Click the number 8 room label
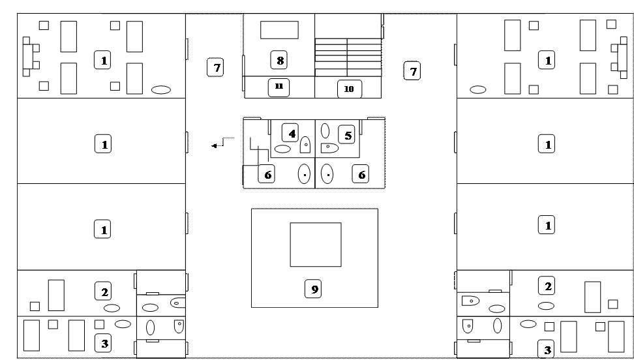pyautogui.click(x=280, y=61)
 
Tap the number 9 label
pyautogui.click(x=314, y=288)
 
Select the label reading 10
pyautogui.click(x=349, y=89)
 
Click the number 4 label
pyautogui.click(x=291, y=133)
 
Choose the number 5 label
pyautogui.click(x=348, y=135)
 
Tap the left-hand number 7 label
pyautogui.click(x=215, y=67)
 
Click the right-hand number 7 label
pyautogui.click(x=412, y=70)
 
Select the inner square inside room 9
pyautogui.click(x=316, y=244)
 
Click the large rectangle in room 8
pyautogui.click(x=279, y=30)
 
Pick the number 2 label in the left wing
pyautogui.click(x=103, y=290)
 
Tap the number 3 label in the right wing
pyautogui.click(x=547, y=350)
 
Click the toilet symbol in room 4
pyautogui.click(x=305, y=145)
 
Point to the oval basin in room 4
pyautogui.click(x=282, y=149)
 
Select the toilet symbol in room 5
pyautogui.click(x=329, y=147)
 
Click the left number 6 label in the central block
pyautogui.click(x=265, y=174)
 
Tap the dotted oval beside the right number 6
pyautogui.click(x=327, y=174)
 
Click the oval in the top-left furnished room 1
pyautogui.click(x=161, y=90)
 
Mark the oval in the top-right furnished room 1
pyautogui.click(x=478, y=89)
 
